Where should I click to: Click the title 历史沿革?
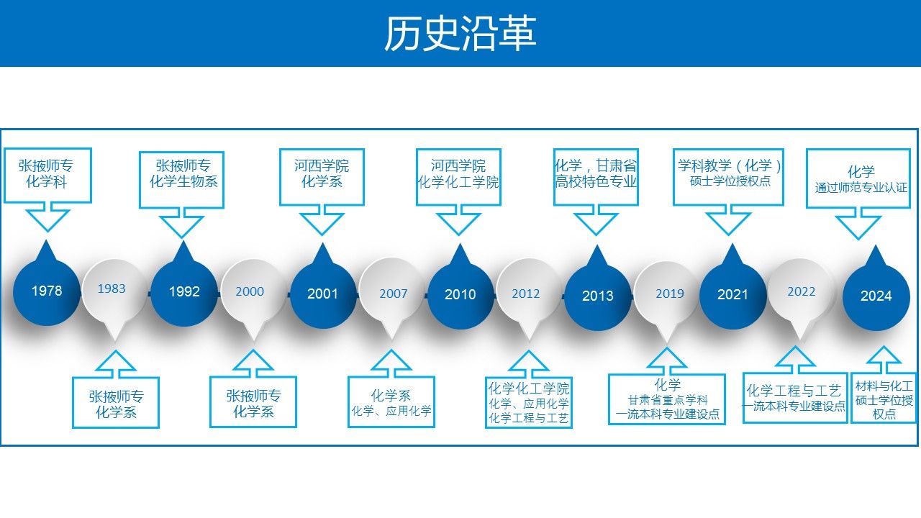point(460,34)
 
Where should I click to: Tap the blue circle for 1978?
point(47,291)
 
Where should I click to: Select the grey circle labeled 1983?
point(112,289)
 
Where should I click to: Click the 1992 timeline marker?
point(184,292)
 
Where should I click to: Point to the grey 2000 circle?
point(250,291)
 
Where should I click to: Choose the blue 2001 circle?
point(322,294)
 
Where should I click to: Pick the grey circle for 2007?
point(393,294)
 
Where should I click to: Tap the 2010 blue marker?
point(460,295)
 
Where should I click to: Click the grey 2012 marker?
point(526,294)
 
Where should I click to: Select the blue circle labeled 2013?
point(597,296)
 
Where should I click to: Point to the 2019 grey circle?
point(669,294)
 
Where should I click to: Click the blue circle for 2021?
point(732,294)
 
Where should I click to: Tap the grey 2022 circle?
point(801,291)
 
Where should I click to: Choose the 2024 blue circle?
point(876,296)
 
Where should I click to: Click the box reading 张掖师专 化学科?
point(47,175)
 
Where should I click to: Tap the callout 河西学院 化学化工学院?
point(458,175)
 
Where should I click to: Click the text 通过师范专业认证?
point(861,188)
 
